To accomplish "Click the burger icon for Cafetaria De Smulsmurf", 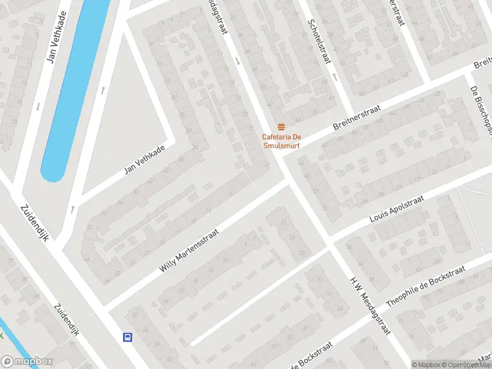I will click(x=282, y=126).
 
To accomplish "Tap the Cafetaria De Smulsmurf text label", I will click(x=282, y=140).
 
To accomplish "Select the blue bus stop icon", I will click(x=128, y=336).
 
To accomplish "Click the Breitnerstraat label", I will click(x=357, y=116).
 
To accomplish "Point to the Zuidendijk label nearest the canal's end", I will click(x=34, y=223).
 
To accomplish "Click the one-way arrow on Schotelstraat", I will click(x=335, y=77).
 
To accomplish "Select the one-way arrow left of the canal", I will click(x=38, y=106).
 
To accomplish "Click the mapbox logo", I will click(x=26, y=362).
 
